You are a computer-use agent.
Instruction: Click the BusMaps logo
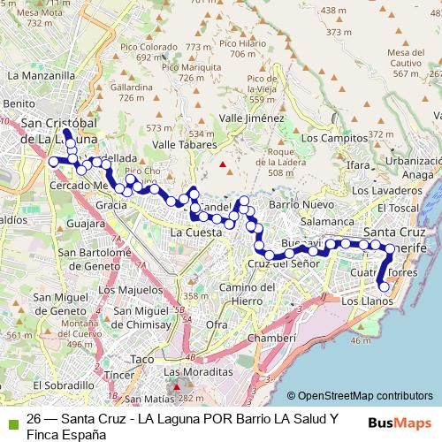pos(400,423)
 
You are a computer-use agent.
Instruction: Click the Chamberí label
pos(271,338)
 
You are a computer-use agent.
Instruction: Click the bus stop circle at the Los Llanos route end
pos(384,286)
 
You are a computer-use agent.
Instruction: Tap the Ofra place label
pos(216,324)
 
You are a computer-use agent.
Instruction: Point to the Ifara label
pos(358,165)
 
